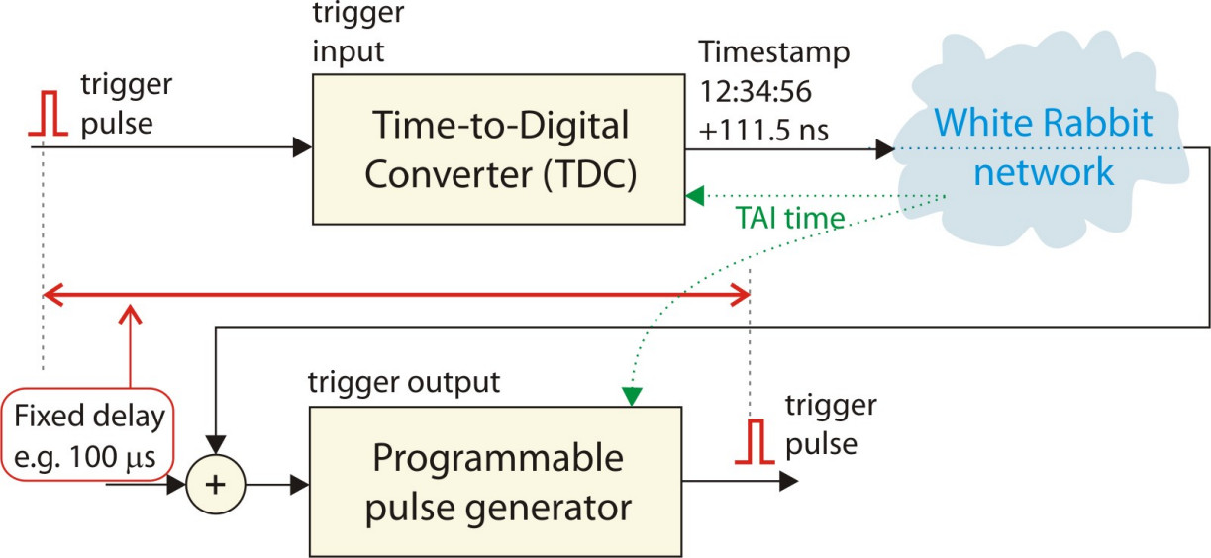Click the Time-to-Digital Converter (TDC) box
coord(497,149)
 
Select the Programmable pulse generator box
coord(497,483)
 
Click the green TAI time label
coord(790,217)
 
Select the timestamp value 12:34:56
coord(756,92)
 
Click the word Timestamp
coord(773,50)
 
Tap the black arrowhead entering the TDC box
coord(302,149)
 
